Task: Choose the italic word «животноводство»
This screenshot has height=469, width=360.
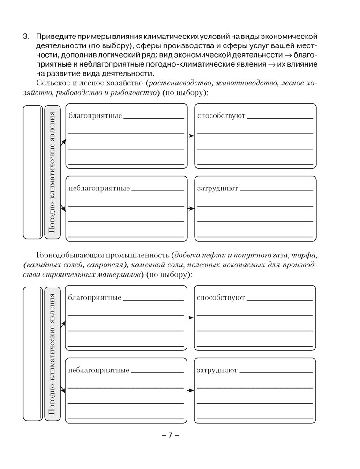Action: pyautogui.click(x=245, y=83)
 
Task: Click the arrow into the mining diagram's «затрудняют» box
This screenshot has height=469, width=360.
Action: pyautogui.click(x=190, y=390)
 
